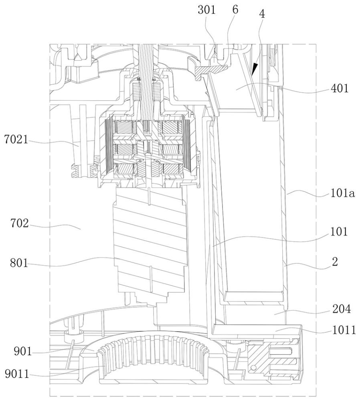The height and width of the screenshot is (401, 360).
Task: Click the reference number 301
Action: pos(206,10)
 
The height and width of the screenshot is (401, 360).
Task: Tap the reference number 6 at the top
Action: pos(235,10)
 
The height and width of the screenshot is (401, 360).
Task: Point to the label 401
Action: pos(340,89)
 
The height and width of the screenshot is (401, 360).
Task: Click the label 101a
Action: pos(343,193)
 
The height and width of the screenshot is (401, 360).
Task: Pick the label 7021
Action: pos(16,140)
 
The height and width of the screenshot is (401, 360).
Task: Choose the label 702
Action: pos(19,223)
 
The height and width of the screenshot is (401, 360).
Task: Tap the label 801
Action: pos(19,263)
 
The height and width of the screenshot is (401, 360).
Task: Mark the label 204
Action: pos(341,309)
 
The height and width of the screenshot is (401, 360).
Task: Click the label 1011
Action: pos(344,330)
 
